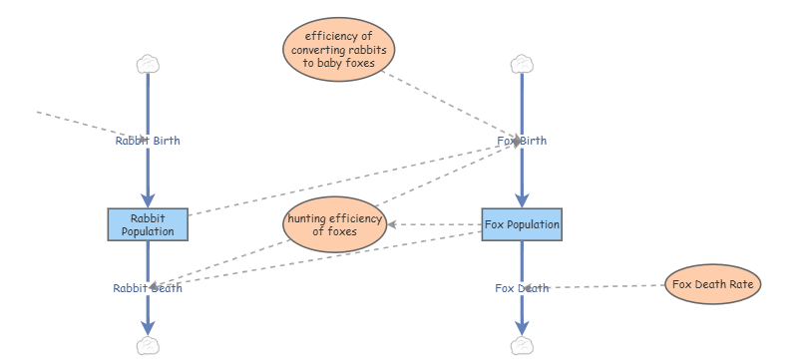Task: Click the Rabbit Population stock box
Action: [148, 224]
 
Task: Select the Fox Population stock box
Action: [522, 224]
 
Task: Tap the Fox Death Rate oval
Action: [712, 284]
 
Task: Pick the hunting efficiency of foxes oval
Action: [335, 225]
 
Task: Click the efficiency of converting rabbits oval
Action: [339, 49]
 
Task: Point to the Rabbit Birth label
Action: [148, 141]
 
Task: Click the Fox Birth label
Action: [522, 141]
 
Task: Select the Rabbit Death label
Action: [148, 289]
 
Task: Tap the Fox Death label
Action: [522, 289]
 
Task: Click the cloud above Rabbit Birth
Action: [148, 65]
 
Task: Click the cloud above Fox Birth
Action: [521, 65]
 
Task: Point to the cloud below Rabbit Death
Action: [148, 345]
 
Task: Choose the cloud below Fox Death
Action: [521, 345]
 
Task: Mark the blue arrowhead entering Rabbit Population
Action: [148, 199]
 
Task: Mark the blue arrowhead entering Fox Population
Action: [522, 199]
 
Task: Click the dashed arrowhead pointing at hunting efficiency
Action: [393, 225]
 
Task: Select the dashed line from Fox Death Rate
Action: [608, 287]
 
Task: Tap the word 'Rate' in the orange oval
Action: [739, 284]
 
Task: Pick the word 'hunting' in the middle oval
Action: [311, 218]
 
